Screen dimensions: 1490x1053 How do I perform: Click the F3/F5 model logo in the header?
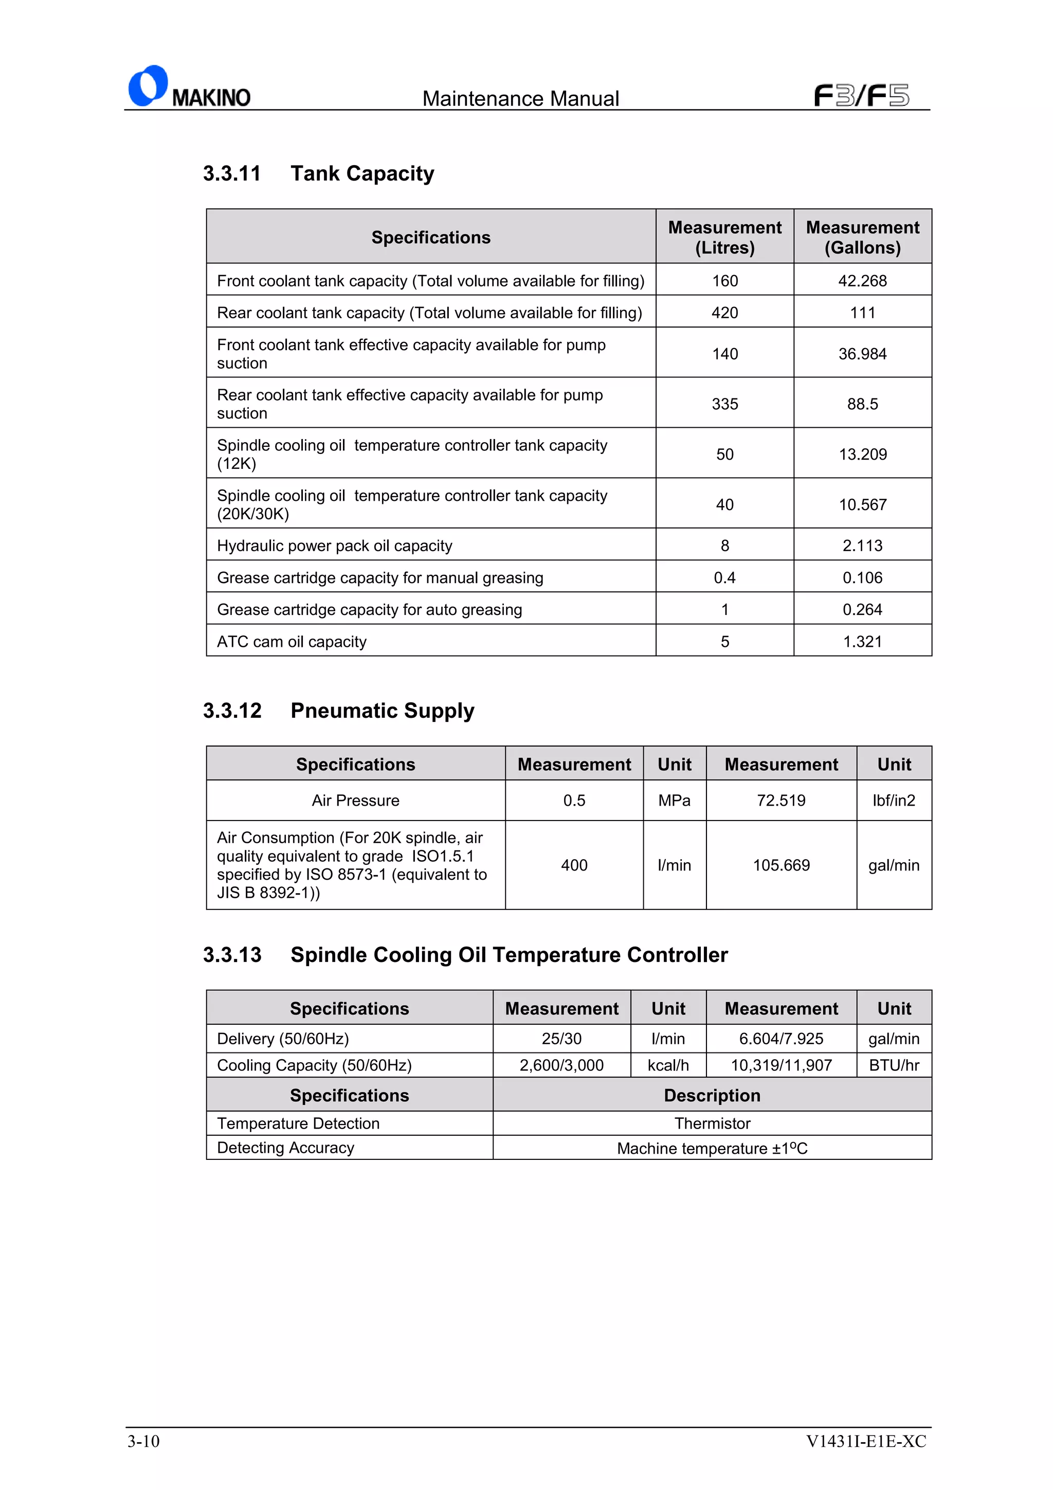(861, 96)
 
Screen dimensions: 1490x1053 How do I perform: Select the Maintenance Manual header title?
(520, 99)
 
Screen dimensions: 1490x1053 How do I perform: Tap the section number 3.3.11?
(231, 174)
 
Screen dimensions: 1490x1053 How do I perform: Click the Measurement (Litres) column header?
(724, 237)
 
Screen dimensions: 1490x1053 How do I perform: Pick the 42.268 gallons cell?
(862, 281)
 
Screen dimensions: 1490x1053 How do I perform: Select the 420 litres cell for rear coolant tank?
(724, 313)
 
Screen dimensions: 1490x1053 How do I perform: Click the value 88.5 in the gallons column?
(862, 404)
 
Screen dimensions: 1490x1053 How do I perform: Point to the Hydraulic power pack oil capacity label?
(334, 546)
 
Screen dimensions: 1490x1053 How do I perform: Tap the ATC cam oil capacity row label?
(292, 642)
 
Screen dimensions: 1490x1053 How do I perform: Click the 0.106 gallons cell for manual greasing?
(862, 577)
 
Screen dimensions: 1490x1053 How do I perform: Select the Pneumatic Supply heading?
(382, 711)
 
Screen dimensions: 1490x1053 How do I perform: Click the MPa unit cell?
(674, 801)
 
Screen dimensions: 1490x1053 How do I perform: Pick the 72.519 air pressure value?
(780, 801)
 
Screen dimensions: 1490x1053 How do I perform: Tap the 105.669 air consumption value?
(780, 866)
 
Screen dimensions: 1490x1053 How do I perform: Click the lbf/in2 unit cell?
(894, 801)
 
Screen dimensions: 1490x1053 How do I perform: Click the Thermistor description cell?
(712, 1124)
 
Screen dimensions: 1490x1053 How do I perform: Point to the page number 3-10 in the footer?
(143, 1441)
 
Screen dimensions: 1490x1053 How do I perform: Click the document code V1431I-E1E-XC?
(865, 1441)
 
